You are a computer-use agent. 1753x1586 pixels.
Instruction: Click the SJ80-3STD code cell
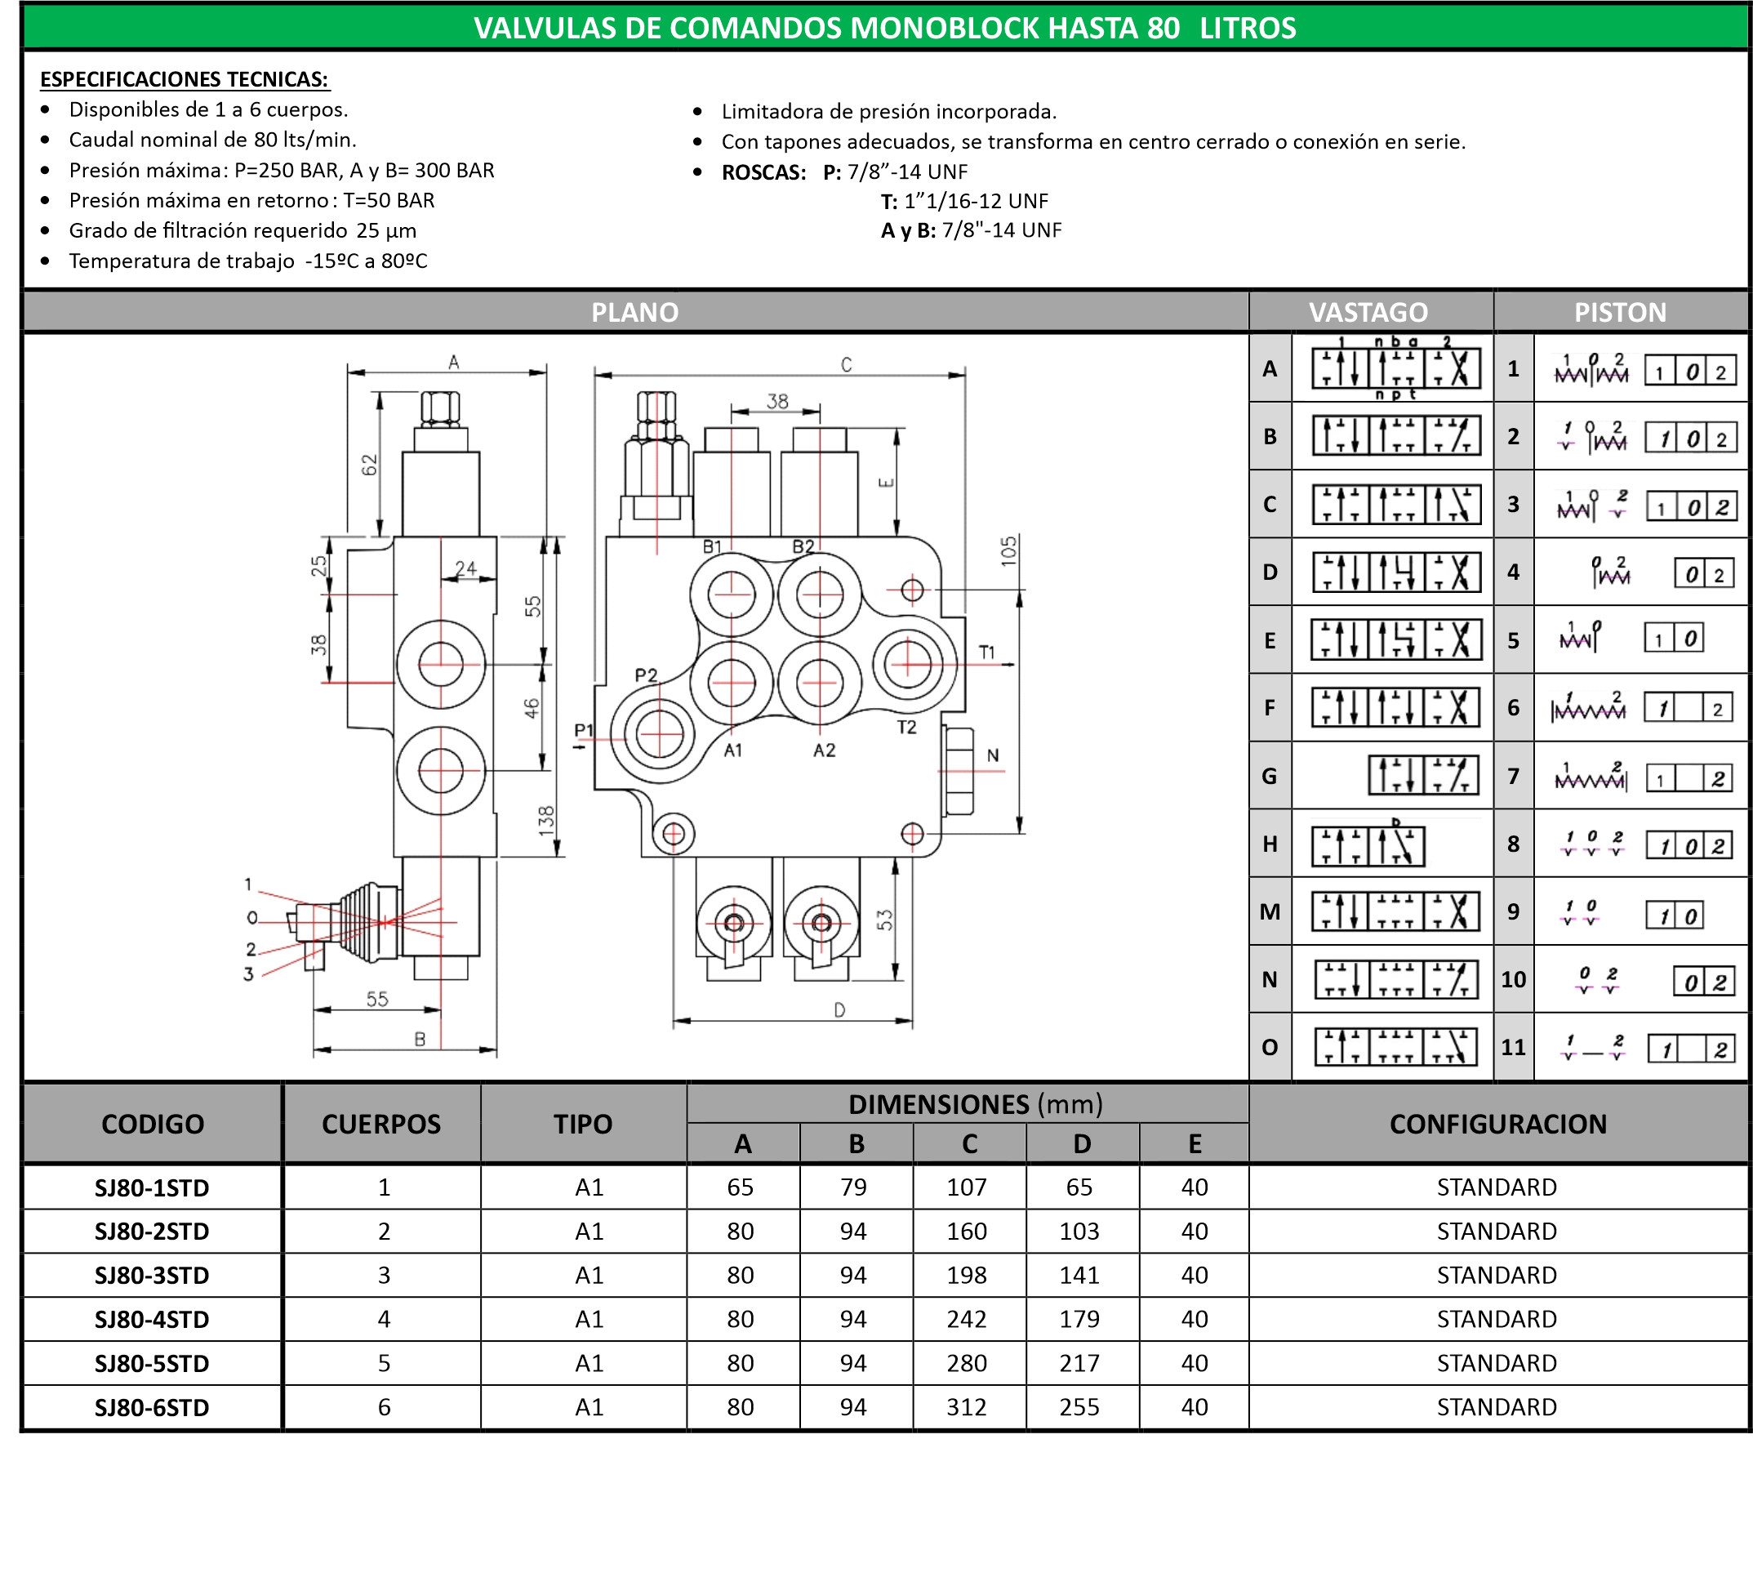coord(152,1275)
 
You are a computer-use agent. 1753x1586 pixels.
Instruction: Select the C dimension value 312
coord(966,1407)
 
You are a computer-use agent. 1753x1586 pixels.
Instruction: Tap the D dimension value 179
coord(1079,1319)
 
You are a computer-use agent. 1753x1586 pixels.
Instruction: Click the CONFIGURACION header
coord(1498,1125)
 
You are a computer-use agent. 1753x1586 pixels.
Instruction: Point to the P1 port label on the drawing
coord(584,729)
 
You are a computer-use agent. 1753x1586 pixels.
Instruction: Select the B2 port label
coord(803,546)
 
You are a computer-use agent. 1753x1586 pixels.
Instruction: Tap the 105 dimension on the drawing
coord(1008,551)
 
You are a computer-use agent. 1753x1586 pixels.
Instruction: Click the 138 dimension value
coord(546,821)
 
